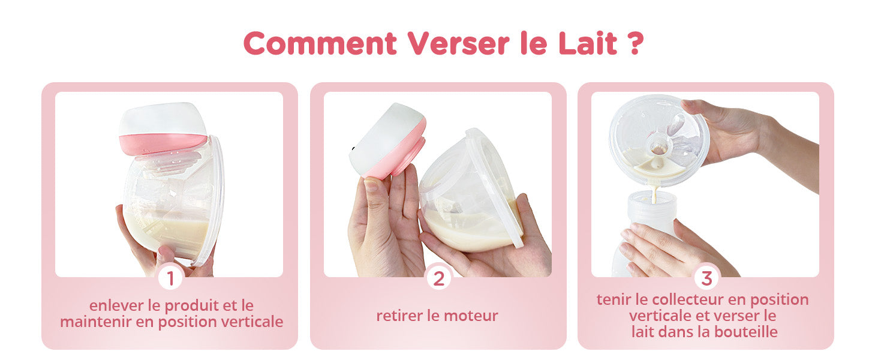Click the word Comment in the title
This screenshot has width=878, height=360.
coord(320,43)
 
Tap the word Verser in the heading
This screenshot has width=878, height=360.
coord(458,43)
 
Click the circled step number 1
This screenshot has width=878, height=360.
coord(170,278)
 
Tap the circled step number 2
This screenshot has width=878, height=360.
coord(438,278)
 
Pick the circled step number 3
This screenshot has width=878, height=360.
coord(706,278)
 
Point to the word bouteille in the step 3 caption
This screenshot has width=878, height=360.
coord(746,332)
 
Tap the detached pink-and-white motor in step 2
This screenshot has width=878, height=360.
coord(387,141)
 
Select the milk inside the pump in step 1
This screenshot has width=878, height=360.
coord(169,235)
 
